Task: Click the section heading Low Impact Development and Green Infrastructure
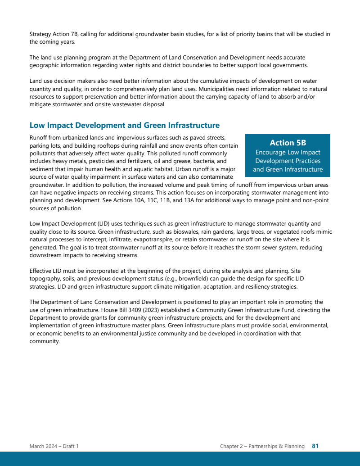point(124,126)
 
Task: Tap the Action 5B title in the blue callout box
point(288,143)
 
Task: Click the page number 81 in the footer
point(315,446)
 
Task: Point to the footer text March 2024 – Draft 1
point(54,446)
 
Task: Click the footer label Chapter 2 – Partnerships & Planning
point(262,446)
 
